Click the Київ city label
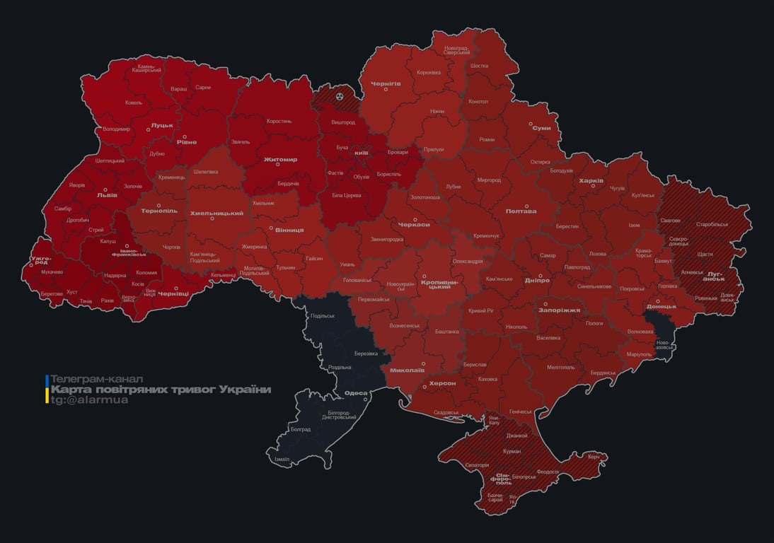pos(361,153)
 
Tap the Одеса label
pos(355,394)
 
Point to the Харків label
pos(591,181)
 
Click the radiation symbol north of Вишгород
pos(340,95)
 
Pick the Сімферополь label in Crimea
pos(503,478)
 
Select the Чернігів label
pos(386,83)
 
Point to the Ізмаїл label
pos(282,459)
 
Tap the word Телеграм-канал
pos(97,379)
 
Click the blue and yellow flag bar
pos(47,390)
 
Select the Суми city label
pos(541,128)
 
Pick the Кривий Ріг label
pos(481,310)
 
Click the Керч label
pos(593,457)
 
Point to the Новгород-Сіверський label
pos(456,50)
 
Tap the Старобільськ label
pos(711,224)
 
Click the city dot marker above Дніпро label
pos(540,275)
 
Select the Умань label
pos(347,264)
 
